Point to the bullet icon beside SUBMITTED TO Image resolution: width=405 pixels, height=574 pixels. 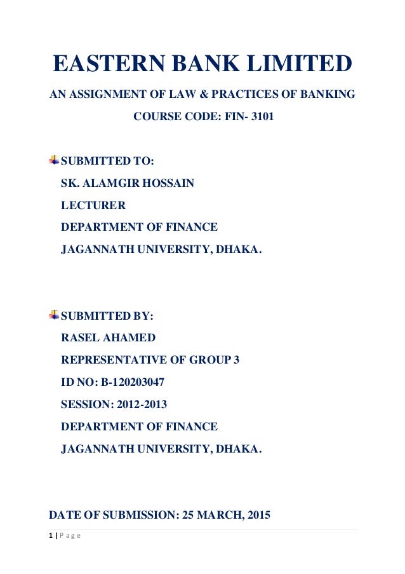click(54, 160)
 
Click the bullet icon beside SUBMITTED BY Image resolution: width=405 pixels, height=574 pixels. click(54, 315)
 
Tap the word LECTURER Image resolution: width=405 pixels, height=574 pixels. click(93, 205)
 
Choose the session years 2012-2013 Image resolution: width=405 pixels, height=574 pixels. click(143, 404)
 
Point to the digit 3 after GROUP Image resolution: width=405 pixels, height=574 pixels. click(237, 360)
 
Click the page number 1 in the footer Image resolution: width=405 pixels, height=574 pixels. click(51, 535)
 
